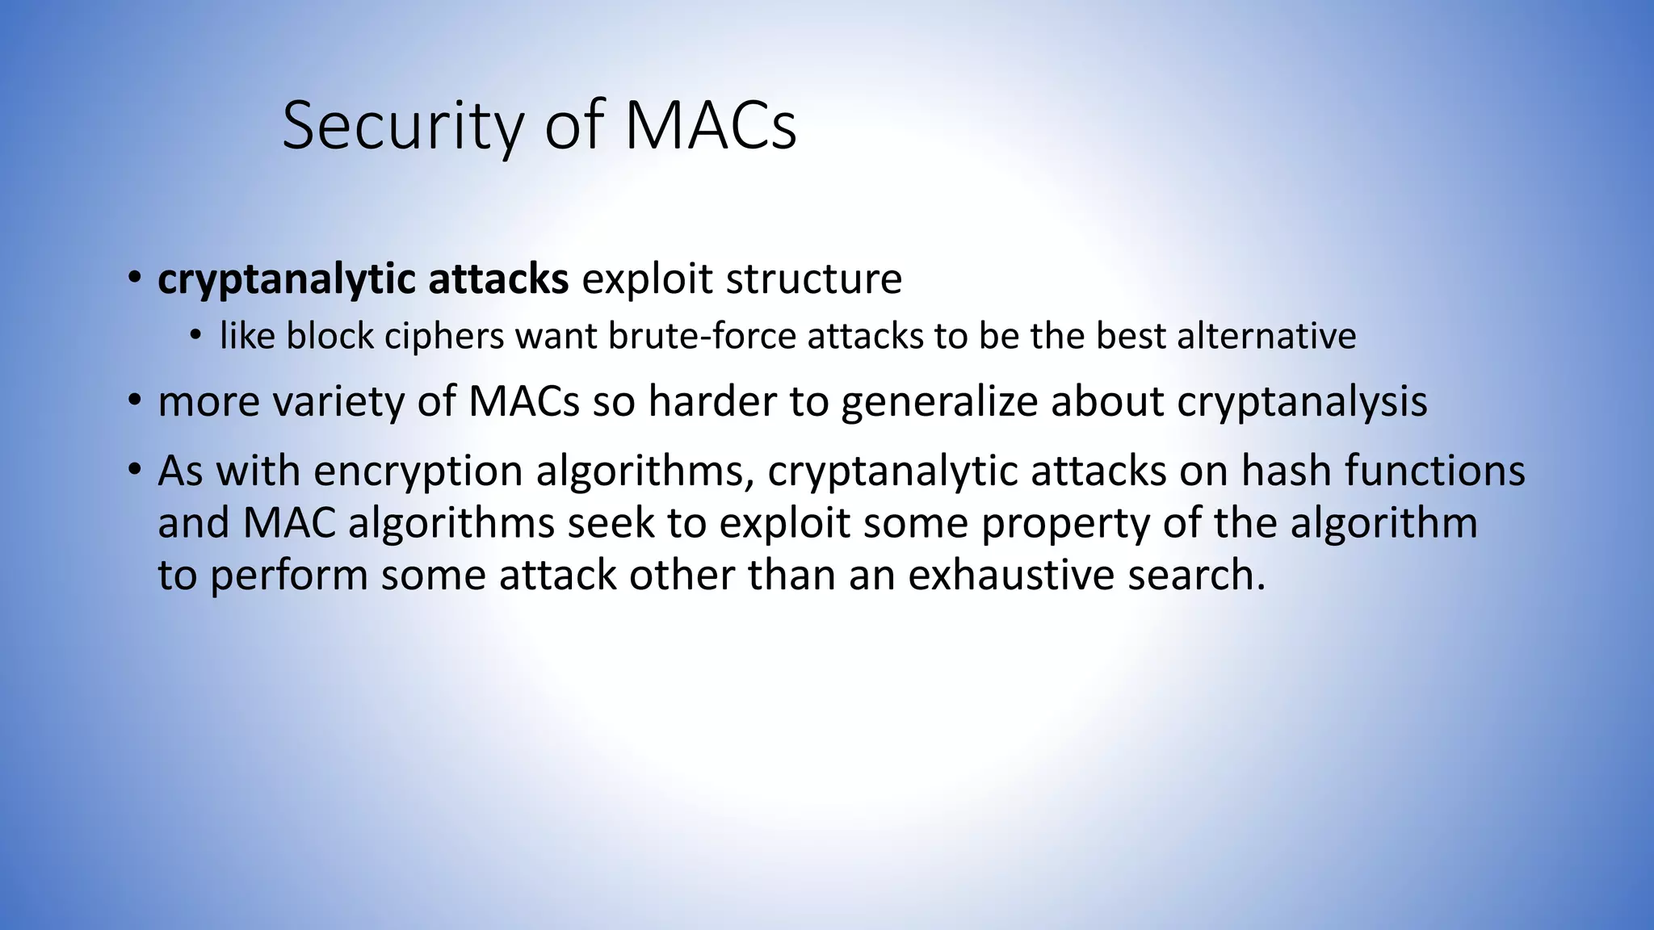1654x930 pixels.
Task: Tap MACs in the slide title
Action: [710, 126]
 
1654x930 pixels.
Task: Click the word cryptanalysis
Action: [1302, 401]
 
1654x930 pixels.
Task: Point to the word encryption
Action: [418, 471]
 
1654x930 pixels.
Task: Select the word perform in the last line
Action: [289, 575]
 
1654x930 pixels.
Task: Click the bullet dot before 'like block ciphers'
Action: [195, 336]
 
